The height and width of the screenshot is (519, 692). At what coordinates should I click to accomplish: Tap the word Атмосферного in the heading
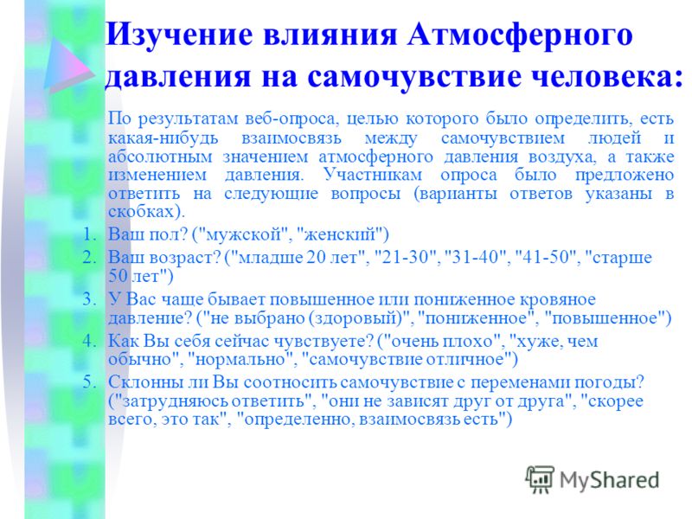click(520, 35)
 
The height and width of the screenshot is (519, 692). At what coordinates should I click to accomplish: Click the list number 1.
click(90, 234)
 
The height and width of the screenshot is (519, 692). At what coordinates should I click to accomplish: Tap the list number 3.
click(90, 299)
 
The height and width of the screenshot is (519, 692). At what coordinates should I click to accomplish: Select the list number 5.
click(90, 381)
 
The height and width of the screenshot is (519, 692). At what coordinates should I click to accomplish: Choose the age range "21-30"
click(405, 257)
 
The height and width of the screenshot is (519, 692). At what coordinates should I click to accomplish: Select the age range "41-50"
click(546, 257)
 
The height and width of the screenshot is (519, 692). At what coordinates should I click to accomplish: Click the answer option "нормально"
click(240, 360)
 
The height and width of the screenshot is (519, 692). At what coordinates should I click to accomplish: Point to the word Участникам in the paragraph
click(373, 176)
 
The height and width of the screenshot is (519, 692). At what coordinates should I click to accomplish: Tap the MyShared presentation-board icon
click(540, 479)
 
